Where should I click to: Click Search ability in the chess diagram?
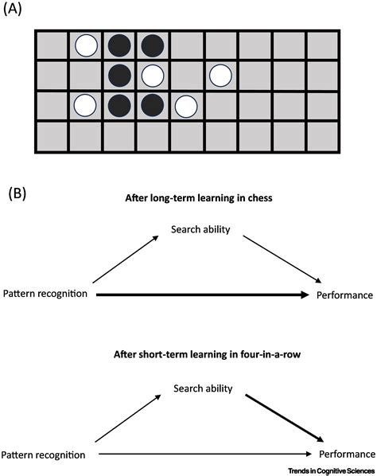click(x=200, y=231)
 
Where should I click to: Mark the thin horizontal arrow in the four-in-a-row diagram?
click(x=199, y=455)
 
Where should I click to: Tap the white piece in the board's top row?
click(x=86, y=46)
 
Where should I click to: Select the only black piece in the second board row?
click(x=120, y=76)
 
